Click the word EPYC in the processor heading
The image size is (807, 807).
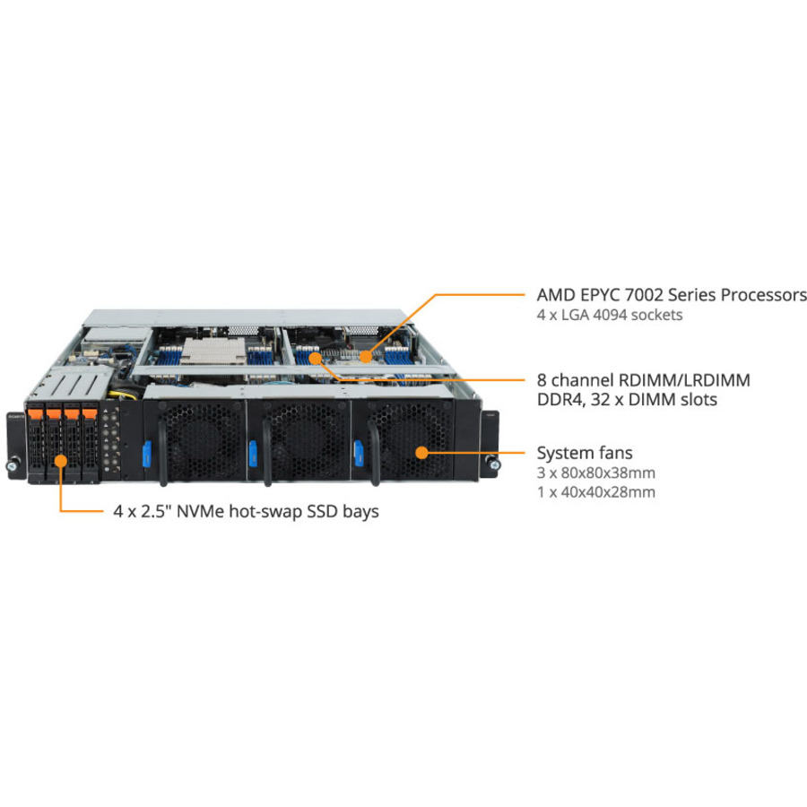599,295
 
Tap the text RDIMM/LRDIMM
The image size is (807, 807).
684,380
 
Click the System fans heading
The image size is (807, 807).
585,453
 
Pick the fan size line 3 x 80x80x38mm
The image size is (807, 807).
596,473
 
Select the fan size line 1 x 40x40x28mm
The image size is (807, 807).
596,492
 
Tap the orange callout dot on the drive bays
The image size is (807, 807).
61,461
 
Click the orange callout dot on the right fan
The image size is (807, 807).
422,453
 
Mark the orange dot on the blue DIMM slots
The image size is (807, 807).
316,358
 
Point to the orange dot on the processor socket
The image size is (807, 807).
366,356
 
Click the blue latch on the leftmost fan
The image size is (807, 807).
147,454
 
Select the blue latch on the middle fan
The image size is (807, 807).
253,454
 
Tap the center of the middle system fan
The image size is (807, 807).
304,440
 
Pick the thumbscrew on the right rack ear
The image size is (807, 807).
495,465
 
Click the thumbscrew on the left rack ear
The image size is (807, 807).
12,466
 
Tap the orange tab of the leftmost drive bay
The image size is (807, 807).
36,413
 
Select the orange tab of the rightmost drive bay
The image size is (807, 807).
90,413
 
